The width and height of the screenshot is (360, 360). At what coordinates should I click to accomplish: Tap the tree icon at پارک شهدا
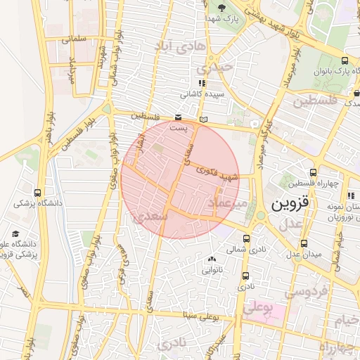tap(222, 8)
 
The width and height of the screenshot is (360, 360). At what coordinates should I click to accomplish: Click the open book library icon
tap(204, 120)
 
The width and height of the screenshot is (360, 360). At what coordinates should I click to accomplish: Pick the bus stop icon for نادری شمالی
tap(246, 238)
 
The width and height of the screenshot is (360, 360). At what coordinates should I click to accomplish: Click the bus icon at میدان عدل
tap(304, 243)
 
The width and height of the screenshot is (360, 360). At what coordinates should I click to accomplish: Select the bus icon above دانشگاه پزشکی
tap(37, 193)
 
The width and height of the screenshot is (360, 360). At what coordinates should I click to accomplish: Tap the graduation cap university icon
tap(15, 234)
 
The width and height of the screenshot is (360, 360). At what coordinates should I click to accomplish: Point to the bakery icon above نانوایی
tap(212, 259)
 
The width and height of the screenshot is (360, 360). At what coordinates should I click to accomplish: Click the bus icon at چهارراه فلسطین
tap(313, 172)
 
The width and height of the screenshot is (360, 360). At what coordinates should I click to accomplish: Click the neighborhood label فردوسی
tap(307, 291)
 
